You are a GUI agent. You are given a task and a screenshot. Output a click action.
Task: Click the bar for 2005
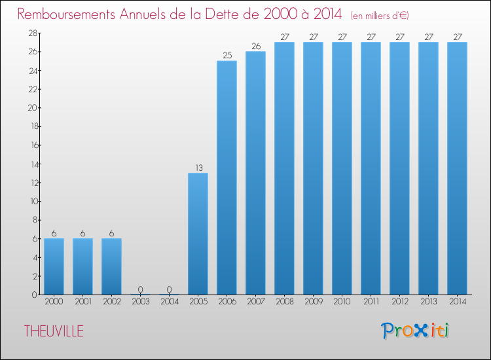(x=198, y=234)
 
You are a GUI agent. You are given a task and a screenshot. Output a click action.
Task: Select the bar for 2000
(x=54, y=266)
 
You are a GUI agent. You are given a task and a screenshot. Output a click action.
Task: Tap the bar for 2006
(x=227, y=177)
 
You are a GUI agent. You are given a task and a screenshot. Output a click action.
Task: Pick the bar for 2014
(x=457, y=168)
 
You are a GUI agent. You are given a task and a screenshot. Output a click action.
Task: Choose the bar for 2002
(x=111, y=266)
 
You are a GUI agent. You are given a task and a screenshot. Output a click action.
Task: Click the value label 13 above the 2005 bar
(x=198, y=168)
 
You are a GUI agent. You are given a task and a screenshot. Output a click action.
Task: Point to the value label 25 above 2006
(x=227, y=56)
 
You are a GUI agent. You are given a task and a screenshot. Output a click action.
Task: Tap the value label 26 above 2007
(x=255, y=46)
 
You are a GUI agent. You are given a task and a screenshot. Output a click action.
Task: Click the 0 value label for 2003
(x=140, y=289)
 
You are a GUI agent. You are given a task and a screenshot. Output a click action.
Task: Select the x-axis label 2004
(x=169, y=302)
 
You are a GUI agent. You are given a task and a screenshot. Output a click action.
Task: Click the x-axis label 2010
(x=342, y=302)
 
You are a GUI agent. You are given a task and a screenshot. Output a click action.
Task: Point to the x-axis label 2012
(x=399, y=302)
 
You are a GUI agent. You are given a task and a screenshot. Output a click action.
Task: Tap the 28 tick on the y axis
(x=31, y=33)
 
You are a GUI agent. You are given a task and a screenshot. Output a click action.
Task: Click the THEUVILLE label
(x=54, y=331)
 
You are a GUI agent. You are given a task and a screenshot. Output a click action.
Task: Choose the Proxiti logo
(x=414, y=330)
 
